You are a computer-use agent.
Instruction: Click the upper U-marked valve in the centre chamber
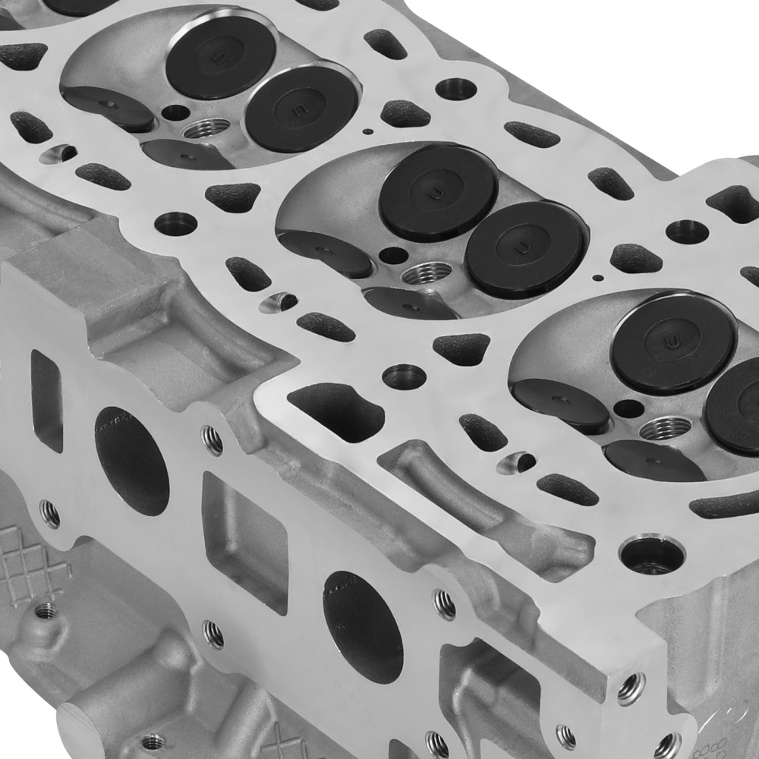coord(438,191)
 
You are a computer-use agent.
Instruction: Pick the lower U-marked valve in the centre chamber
coord(525,248)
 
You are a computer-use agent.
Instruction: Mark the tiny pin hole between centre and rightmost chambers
coord(600,278)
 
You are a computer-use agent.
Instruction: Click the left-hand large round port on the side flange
coord(131,461)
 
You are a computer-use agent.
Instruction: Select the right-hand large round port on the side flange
coord(362,625)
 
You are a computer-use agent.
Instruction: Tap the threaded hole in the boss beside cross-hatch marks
coord(46,609)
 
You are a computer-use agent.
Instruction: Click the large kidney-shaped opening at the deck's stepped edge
coord(336,411)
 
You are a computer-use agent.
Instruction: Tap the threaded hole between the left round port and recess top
coord(212,440)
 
